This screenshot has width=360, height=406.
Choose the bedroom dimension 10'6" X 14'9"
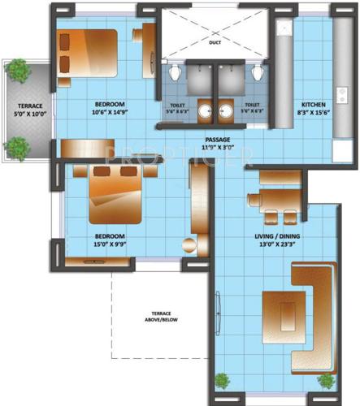108,114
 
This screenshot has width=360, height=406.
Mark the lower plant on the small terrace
16,147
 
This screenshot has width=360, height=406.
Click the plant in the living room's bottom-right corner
327,380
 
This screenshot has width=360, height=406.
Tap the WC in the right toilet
257,74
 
